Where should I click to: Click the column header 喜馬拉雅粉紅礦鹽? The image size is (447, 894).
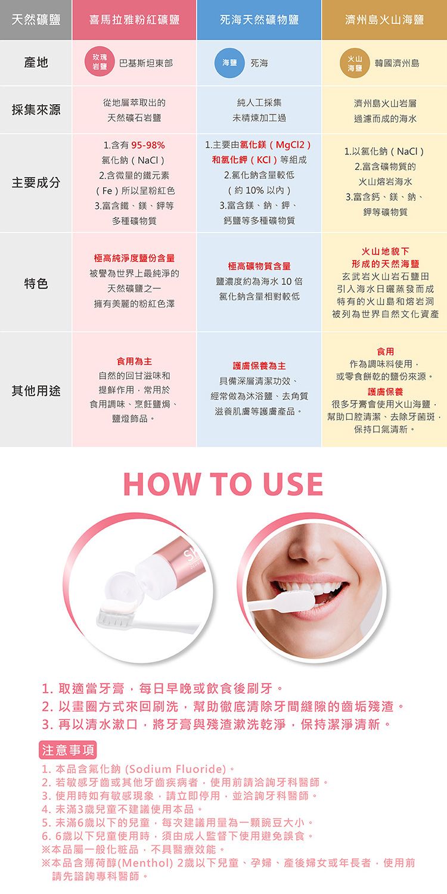(x=134, y=20)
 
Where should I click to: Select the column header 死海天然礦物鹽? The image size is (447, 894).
(x=259, y=20)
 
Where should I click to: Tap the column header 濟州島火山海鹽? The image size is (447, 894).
(x=384, y=20)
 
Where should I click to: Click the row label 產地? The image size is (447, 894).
(x=36, y=62)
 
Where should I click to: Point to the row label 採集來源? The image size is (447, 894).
(x=36, y=110)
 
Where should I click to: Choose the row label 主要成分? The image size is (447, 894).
(x=36, y=183)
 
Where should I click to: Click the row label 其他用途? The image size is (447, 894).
(x=36, y=390)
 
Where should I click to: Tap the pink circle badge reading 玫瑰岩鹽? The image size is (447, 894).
(x=100, y=62)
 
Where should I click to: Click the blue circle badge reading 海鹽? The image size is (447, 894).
(x=229, y=62)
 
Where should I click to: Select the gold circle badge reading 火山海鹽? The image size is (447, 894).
(x=355, y=63)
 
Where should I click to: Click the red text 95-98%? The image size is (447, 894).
(x=148, y=145)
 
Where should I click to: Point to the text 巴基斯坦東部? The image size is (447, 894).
(x=146, y=63)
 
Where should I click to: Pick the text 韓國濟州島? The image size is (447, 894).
(x=397, y=63)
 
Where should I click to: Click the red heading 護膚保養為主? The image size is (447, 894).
(x=259, y=365)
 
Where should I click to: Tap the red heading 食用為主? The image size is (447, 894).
(x=134, y=361)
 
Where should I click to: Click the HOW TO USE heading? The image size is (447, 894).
(x=223, y=484)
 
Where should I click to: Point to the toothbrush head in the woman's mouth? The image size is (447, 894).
(x=298, y=601)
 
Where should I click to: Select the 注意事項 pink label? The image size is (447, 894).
(x=68, y=750)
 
